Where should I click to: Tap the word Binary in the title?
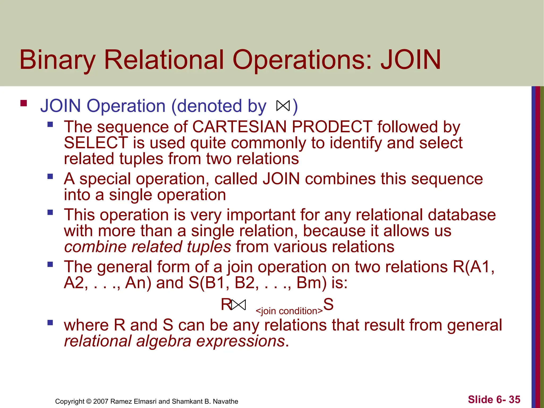tap(57, 60)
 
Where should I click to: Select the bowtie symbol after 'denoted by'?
tap(283, 106)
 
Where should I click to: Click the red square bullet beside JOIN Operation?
tap(24, 103)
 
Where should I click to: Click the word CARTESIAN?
tap(239, 127)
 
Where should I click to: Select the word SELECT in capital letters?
tap(96, 143)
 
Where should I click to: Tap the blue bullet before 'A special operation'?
tap(50, 176)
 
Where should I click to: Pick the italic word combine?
tap(96, 247)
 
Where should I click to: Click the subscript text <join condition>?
tap(289, 311)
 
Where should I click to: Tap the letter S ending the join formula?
tap(328, 304)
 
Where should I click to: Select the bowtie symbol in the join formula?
tap(238, 305)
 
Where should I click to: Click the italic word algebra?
tap(164, 341)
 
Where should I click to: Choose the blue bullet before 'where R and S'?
tap(50, 323)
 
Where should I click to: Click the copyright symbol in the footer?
tap(89, 401)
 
